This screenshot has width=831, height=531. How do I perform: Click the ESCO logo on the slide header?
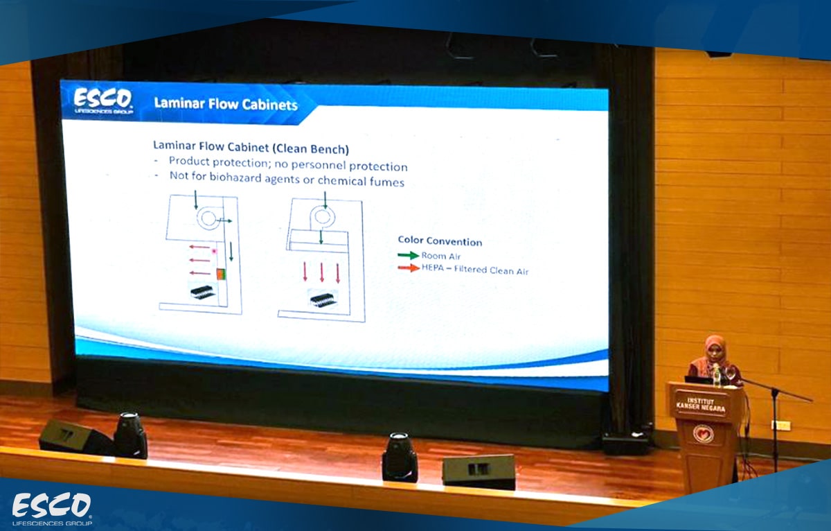point(103,101)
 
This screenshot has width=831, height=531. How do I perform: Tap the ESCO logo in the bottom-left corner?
point(52,509)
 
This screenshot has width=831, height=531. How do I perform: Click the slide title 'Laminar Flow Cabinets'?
point(226,104)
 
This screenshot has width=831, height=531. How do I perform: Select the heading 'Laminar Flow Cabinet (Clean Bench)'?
point(251,147)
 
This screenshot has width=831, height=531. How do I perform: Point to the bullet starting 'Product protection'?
point(288,164)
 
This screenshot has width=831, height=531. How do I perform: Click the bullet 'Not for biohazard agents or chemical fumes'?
point(287,179)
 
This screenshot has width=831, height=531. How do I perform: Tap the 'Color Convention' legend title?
point(440,241)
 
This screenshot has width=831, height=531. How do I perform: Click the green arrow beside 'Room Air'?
point(409,255)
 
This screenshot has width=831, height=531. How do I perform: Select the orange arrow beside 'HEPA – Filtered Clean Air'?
point(409,268)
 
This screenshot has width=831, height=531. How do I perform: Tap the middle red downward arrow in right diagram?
point(321,272)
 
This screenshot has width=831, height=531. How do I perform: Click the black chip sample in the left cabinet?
point(202,292)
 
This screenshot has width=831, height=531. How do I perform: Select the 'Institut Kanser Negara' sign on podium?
point(700,404)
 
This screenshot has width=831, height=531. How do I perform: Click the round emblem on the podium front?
point(703,434)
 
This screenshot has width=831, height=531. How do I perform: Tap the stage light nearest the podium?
point(400,457)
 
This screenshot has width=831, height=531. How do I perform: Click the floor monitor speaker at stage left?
point(479,471)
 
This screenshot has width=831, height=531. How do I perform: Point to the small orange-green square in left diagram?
point(221,274)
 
